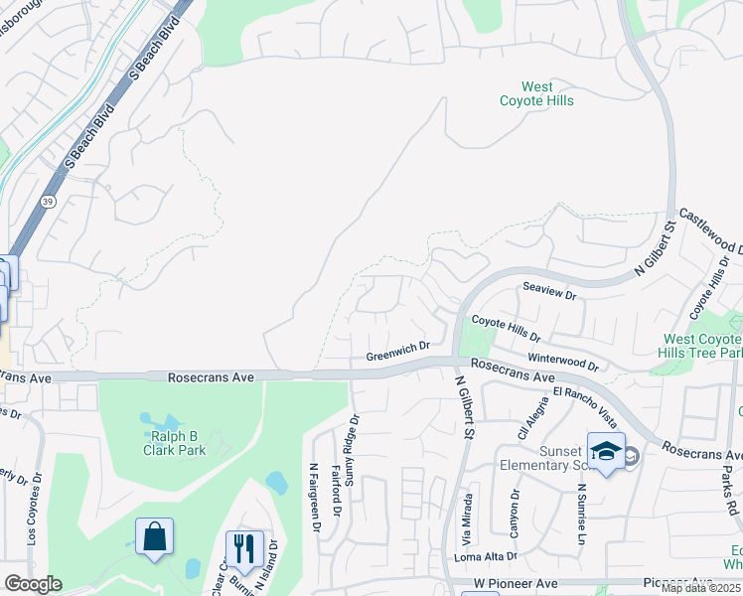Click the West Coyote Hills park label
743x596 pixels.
coord(537,94)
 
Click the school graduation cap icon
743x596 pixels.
coord(605,451)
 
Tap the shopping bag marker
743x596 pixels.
coord(155,537)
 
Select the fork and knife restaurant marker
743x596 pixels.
coord(242,548)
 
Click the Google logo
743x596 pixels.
coord(33,584)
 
